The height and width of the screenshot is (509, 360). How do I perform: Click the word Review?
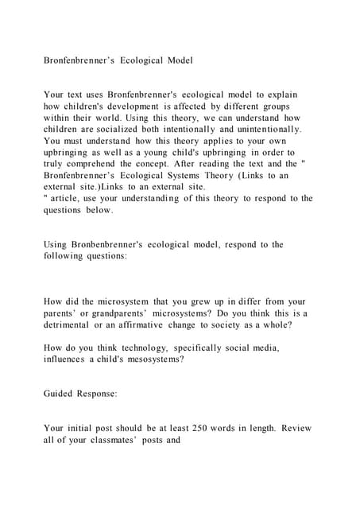point(294,428)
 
